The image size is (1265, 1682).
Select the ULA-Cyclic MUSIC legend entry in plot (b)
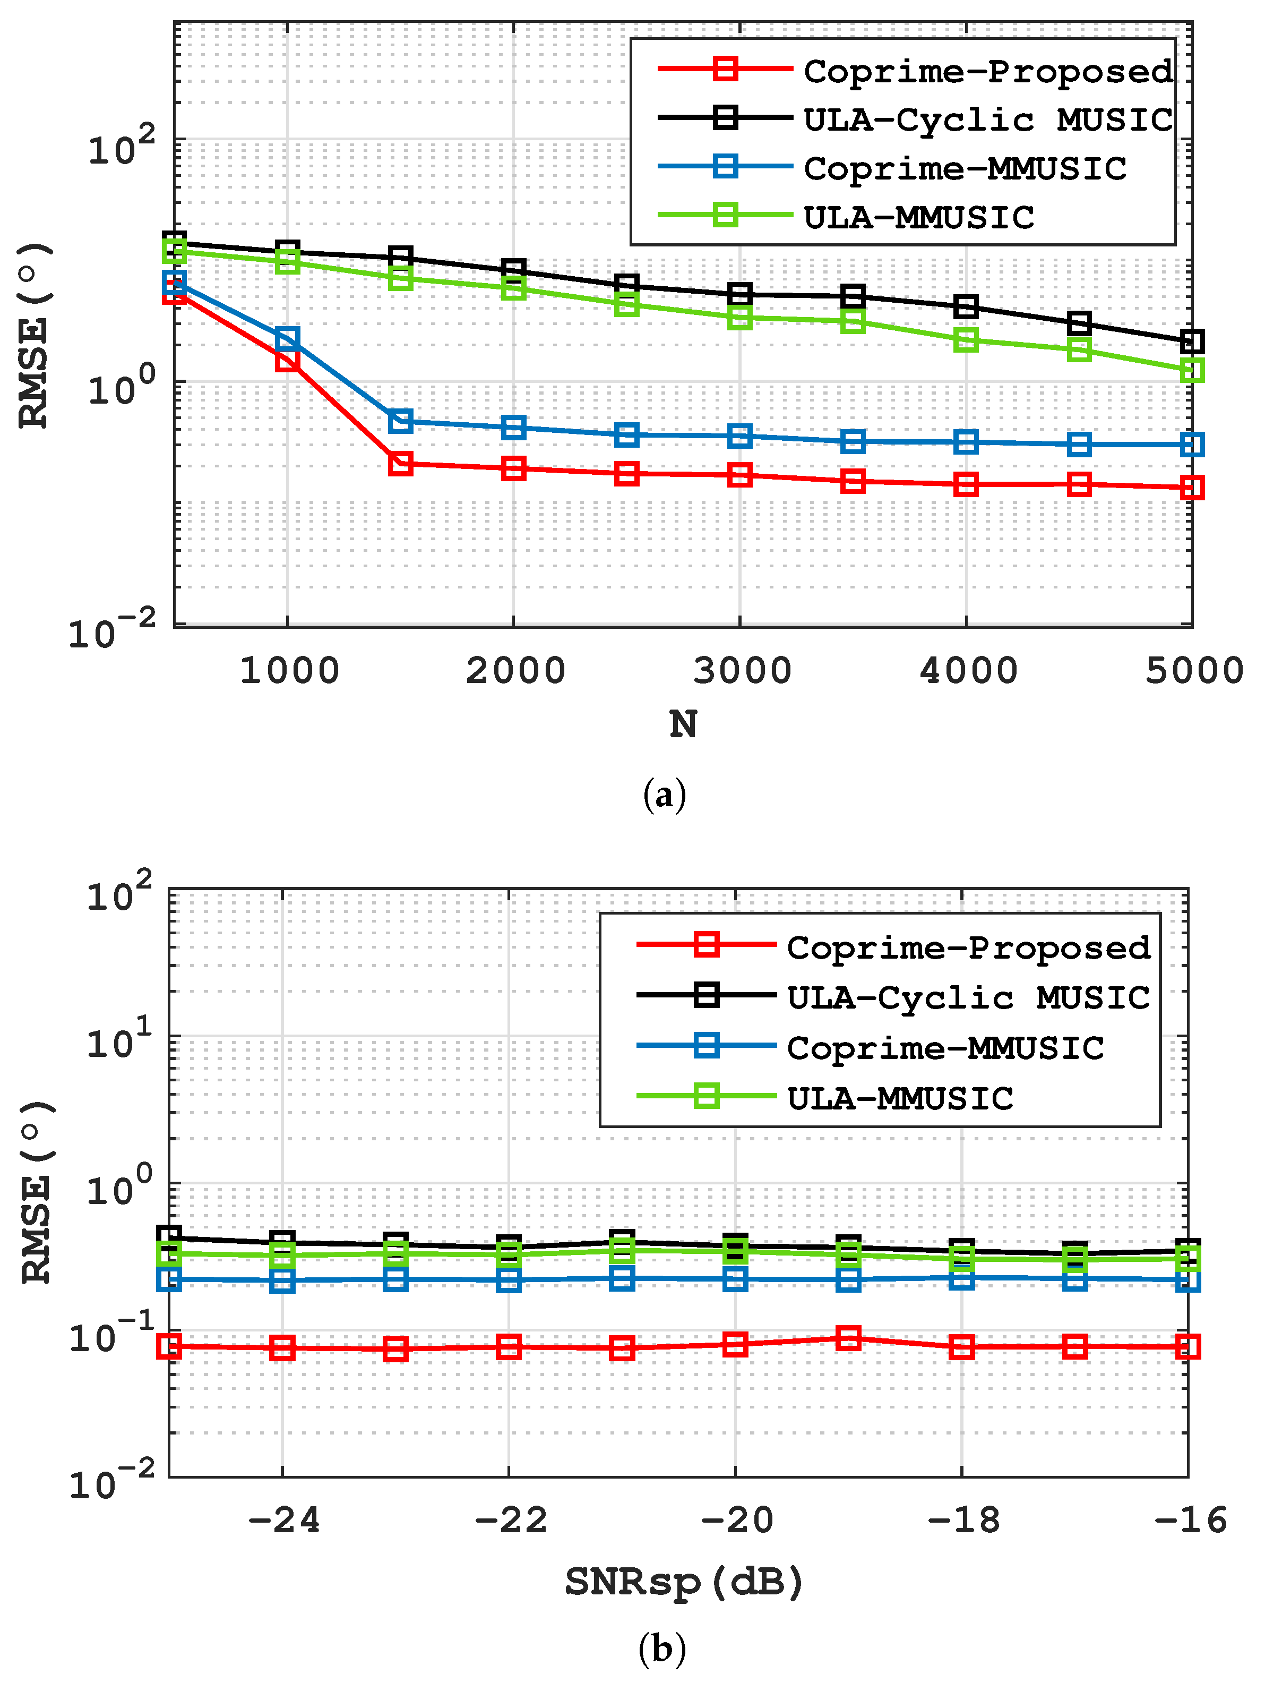click(968, 997)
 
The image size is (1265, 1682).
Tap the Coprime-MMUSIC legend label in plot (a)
click(965, 168)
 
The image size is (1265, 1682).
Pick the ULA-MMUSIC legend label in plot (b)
click(899, 1098)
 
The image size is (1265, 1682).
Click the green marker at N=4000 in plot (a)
click(966, 339)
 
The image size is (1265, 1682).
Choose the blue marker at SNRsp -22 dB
click(509, 1280)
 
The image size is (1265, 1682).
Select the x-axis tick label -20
click(735, 1520)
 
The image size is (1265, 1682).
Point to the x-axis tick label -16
click(1190, 1520)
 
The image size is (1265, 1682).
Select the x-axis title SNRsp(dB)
click(683, 1582)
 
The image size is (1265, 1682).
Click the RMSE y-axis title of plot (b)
click(35, 1191)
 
